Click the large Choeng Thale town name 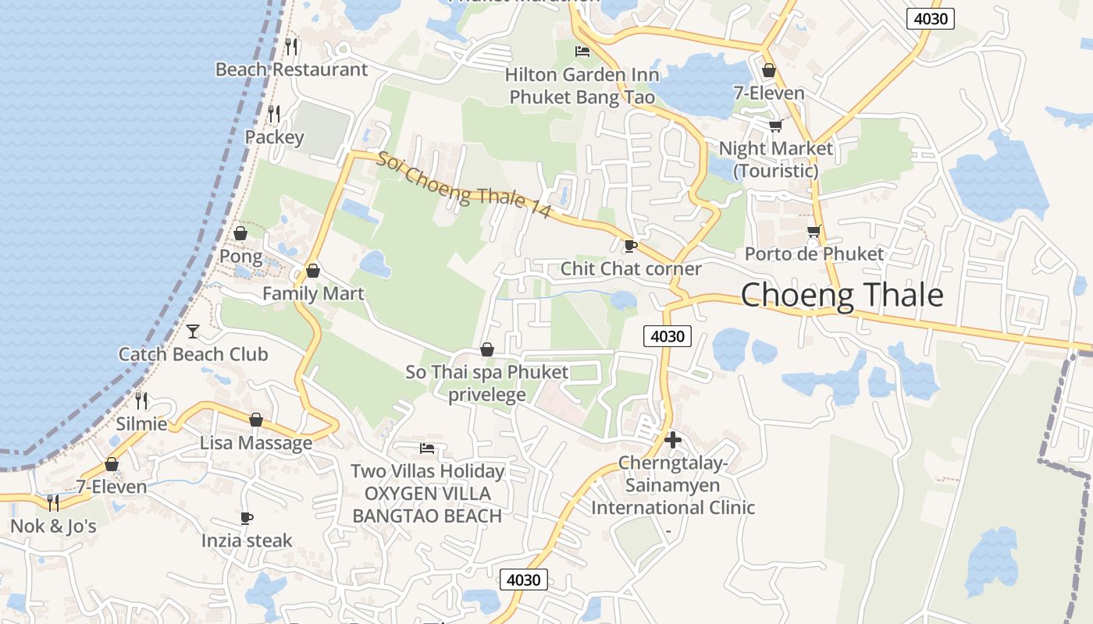pos(842,296)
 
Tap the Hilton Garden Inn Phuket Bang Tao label pos(582,86)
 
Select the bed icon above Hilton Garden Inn pos(582,51)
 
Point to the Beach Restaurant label pos(291,69)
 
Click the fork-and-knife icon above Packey pos(274,114)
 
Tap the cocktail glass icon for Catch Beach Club pos(193,331)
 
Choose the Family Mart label pos(313,294)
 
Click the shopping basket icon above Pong pos(240,233)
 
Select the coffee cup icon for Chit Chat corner pos(631,246)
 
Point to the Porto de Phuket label pos(814,253)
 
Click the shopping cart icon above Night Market pos(775,126)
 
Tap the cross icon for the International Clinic pos(672,440)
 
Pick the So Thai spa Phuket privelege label pos(487,383)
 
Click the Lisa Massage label pos(256,443)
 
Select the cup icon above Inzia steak pos(247,518)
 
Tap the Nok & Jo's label pos(53,526)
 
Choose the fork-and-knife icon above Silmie pos(141,401)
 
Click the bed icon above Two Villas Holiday pos(427,448)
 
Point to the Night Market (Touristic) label pos(776,159)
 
